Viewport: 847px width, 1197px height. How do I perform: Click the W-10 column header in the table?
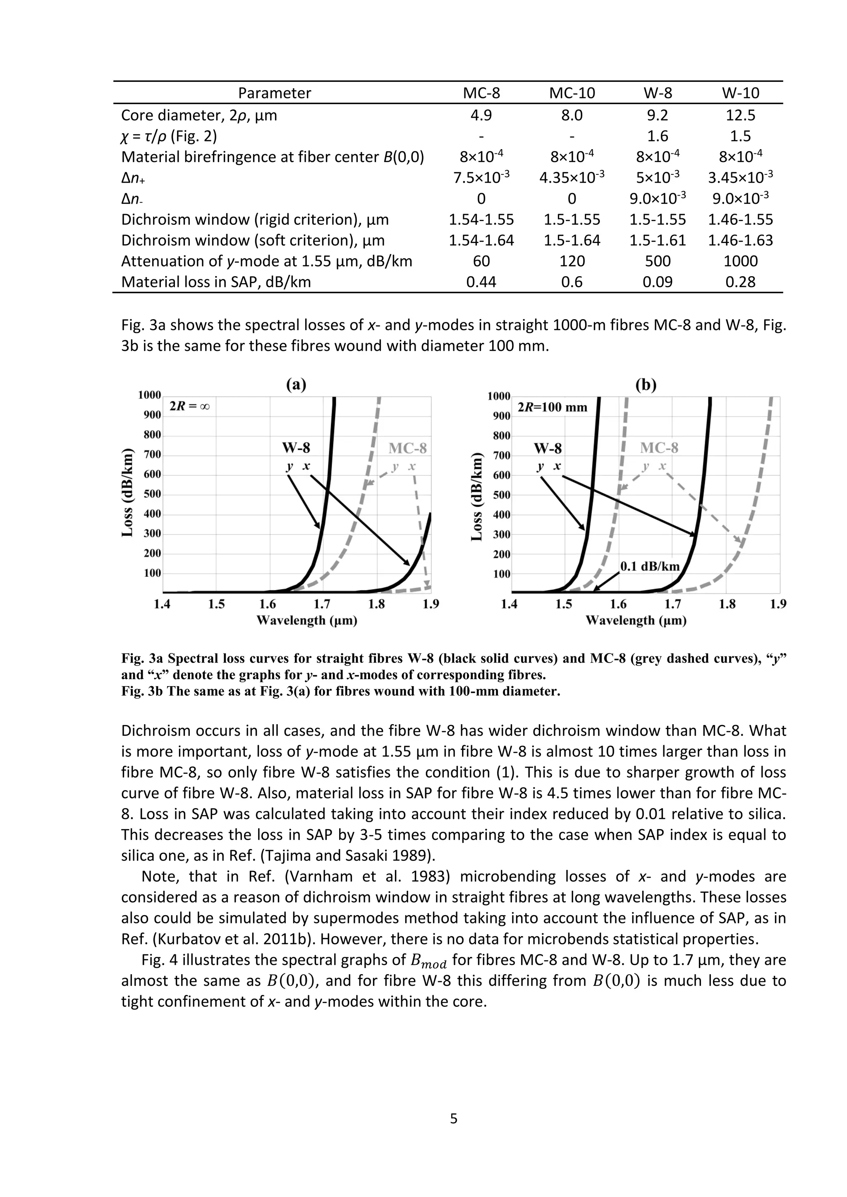coord(740,93)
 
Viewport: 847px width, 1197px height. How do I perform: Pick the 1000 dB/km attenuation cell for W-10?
coord(740,261)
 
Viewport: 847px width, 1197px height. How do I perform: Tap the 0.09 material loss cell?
coord(658,281)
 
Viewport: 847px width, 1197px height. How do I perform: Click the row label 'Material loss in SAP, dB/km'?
coord(216,281)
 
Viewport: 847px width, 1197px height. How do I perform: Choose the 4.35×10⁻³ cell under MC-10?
coord(572,177)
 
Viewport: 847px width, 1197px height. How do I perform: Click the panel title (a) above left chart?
coord(296,385)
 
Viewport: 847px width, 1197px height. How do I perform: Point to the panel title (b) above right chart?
coord(646,385)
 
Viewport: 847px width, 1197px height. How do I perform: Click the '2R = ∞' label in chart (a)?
coord(190,406)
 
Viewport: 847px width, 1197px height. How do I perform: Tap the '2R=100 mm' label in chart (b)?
coord(552,407)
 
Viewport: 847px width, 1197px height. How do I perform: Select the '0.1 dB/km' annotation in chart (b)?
coord(650,567)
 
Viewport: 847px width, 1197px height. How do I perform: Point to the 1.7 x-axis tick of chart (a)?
coord(322,604)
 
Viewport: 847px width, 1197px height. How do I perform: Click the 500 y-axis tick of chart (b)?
coord(501,495)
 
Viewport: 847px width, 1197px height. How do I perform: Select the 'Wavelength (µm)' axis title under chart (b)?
coord(636,620)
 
